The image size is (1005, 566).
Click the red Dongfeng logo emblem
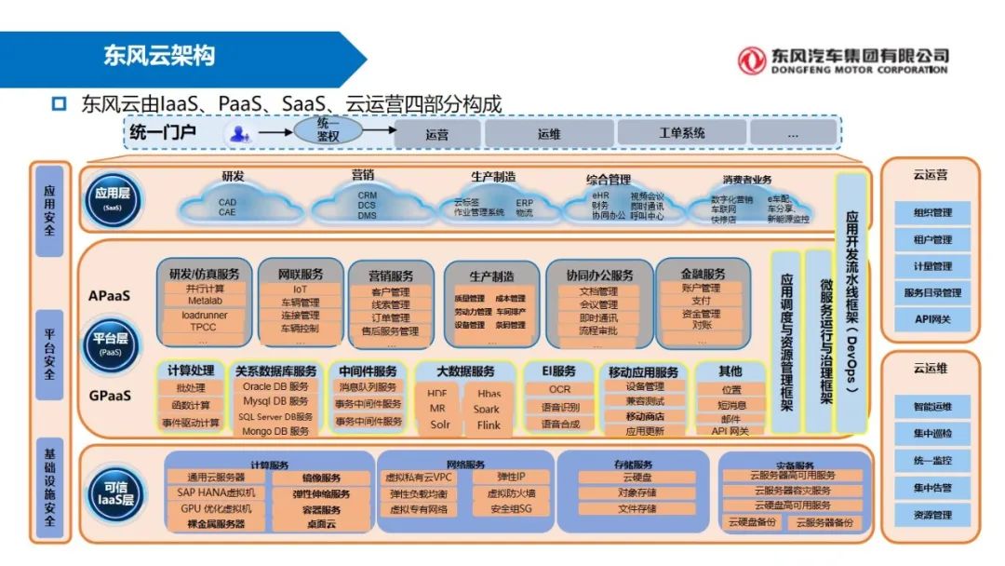point(752,61)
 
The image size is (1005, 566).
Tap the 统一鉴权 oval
point(328,130)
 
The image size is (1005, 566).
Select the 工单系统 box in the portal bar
point(682,134)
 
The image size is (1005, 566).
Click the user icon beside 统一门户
point(239,134)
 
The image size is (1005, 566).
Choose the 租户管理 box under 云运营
point(931,239)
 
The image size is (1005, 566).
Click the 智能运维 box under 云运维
point(931,407)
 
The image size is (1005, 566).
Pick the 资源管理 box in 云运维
point(931,515)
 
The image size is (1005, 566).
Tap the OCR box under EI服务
point(559,389)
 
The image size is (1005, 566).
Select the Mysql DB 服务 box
point(275,402)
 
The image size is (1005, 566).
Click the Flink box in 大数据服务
point(489,424)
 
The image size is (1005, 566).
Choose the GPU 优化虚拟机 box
point(216,508)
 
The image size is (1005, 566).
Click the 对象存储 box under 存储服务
point(637,492)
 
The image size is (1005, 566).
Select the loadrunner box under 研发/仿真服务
point(204,315)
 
